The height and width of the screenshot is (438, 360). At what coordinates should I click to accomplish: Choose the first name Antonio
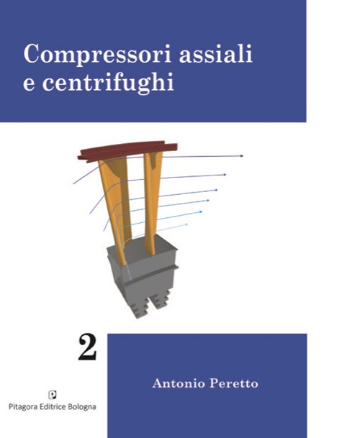tap(177, 383)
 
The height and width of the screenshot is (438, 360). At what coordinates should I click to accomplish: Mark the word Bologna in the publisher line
tap(89, 406)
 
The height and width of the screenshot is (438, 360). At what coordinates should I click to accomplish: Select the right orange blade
tap(151, 201)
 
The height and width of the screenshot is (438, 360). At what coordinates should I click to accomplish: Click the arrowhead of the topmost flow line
tap(241, 155)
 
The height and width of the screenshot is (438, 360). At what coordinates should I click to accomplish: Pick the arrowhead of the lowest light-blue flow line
tap(186, 224)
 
